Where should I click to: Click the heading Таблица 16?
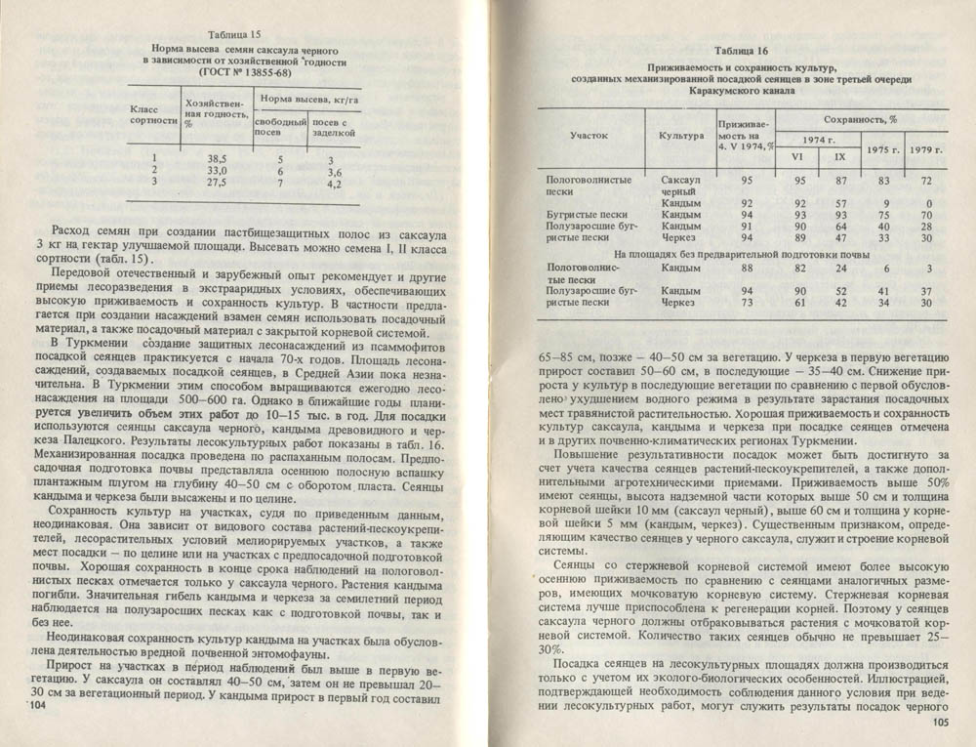tap(740, 50)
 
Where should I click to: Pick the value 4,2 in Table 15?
tap(333, 183)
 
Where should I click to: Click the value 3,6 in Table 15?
tap(333, 170)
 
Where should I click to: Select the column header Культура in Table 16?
tap(681, 136)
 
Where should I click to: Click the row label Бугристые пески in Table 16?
tap(584, 214)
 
